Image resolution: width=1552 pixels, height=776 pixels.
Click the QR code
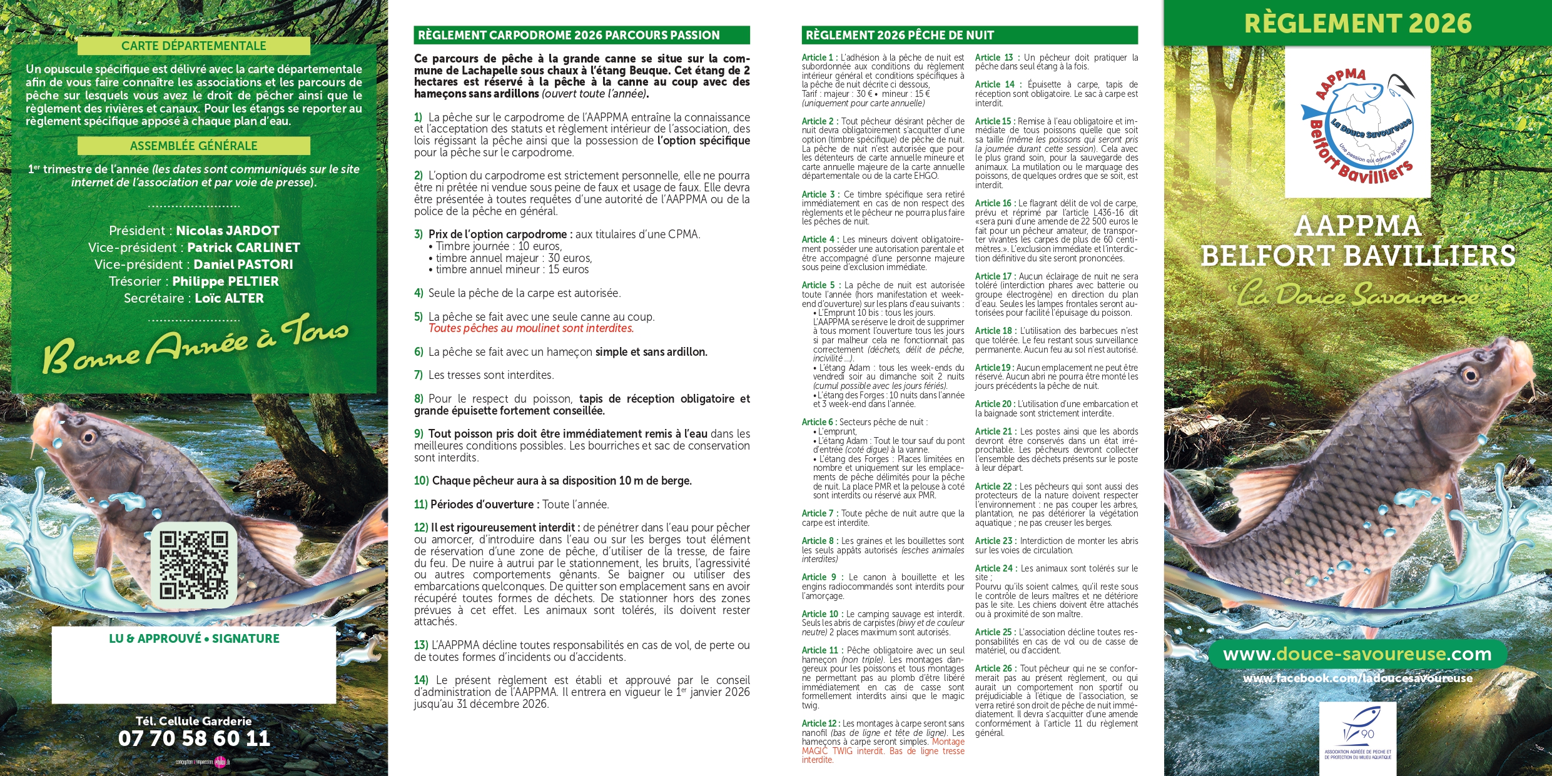[193, 565]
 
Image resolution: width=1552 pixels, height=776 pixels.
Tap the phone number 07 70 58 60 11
[194, 738]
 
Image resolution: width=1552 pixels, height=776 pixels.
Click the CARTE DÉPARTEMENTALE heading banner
[193, 46]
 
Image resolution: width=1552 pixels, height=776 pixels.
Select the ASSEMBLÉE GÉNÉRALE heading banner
[193, 146]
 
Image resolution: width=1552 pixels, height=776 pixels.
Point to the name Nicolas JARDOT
[228, 231]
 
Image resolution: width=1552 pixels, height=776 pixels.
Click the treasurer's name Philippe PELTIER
[225, 281]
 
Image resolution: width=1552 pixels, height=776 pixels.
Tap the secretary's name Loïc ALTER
[229, 298]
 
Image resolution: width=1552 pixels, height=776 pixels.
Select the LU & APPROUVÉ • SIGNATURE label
[194, 638]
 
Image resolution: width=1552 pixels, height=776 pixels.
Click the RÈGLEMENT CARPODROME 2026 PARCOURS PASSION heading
[569, 35]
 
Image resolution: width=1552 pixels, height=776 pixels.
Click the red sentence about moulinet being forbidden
[531, 328]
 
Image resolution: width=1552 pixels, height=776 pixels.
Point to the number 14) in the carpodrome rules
[421, 680]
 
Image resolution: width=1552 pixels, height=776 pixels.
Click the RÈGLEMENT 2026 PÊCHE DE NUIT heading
[900, 35]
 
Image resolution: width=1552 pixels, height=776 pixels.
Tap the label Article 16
[993, 203]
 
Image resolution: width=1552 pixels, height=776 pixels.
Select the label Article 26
[993, 668]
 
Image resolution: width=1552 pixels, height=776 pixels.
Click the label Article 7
[817, 513]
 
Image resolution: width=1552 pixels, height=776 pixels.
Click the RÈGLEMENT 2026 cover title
[1357, 24]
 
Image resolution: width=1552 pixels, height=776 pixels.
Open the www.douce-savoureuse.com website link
[1357, 654]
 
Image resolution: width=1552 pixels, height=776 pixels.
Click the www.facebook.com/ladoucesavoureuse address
[1357, 678]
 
